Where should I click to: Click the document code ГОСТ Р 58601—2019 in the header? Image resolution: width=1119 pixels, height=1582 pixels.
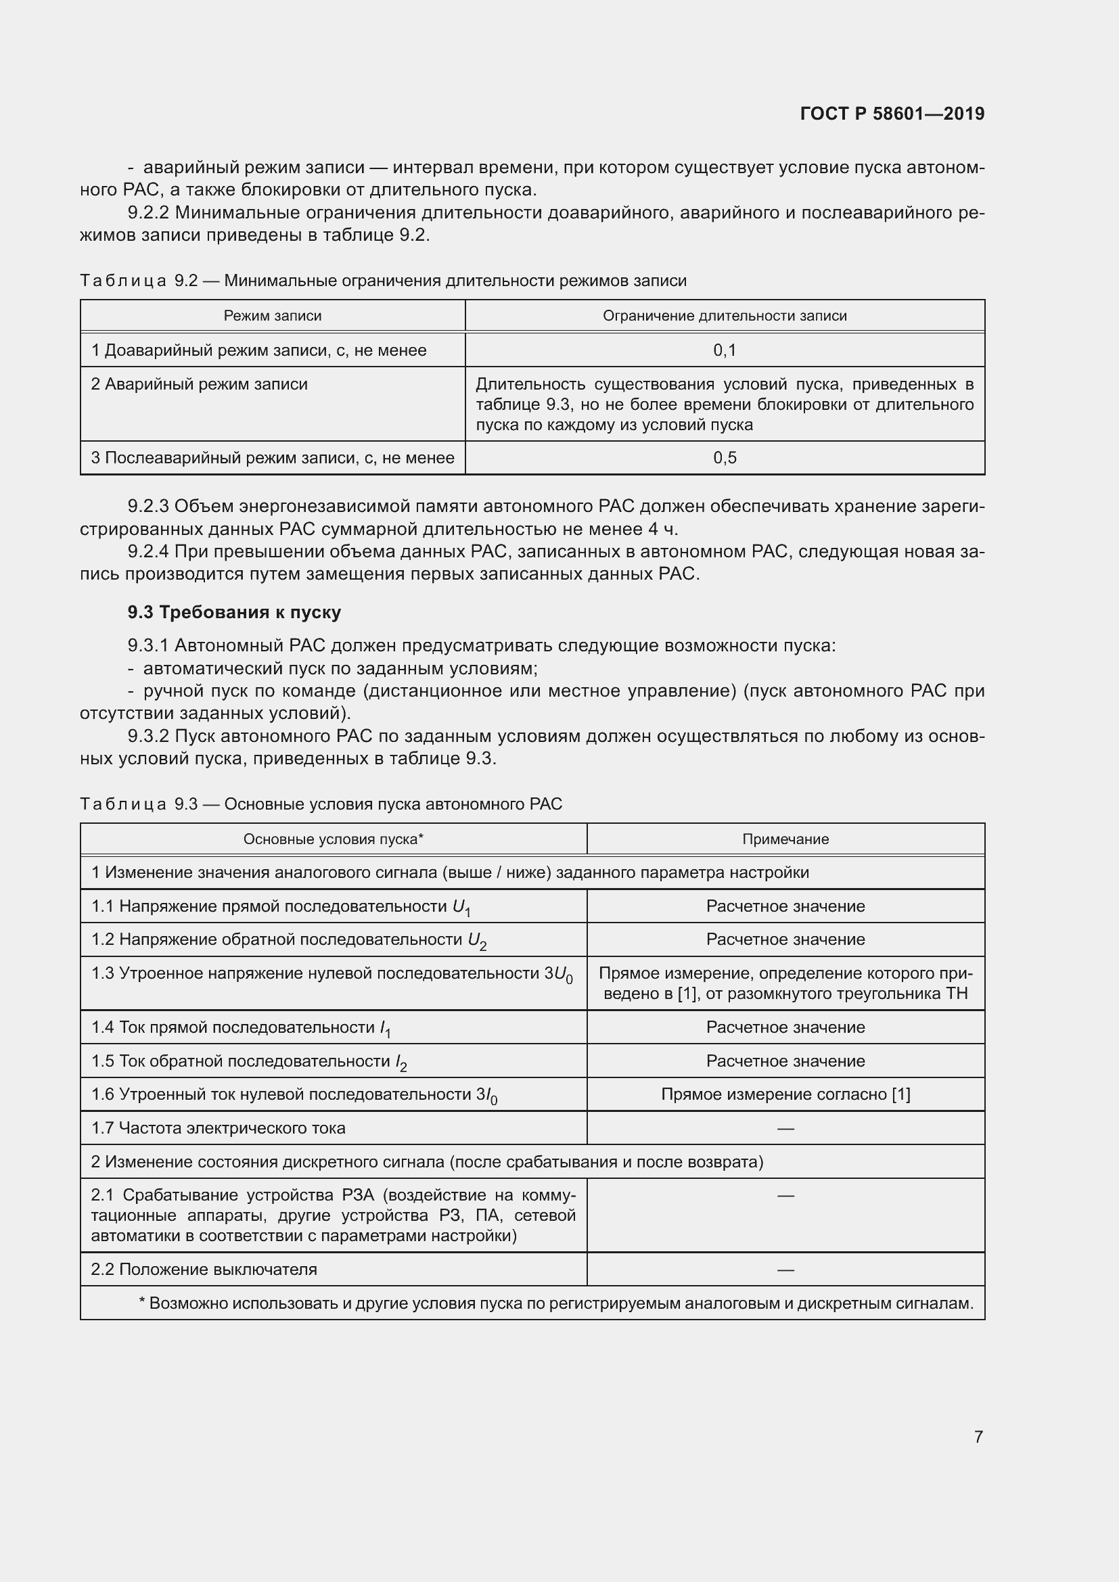(892, 114)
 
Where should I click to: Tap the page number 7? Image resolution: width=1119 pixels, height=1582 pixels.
(978, 1437)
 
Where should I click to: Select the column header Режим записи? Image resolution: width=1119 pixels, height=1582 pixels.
(272, 316)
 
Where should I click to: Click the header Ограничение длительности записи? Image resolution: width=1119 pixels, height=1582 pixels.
(724, 316)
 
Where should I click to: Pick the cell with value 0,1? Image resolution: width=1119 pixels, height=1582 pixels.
(724, 350)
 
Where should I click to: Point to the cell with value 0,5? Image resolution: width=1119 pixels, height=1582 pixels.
(724, 457)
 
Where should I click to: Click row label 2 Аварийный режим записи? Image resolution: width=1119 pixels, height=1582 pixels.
(199, 383)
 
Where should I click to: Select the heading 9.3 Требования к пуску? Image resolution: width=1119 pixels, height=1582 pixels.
(234, 612)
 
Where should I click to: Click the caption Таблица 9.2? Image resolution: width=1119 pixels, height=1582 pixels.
(139, 281)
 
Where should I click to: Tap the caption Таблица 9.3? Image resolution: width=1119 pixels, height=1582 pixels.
(139, 804)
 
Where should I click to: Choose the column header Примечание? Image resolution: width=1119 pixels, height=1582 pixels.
(785, 839)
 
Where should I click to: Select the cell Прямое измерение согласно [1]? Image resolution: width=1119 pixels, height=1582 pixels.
(785, 1094)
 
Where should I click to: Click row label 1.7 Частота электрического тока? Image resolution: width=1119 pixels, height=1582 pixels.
(219, 1128)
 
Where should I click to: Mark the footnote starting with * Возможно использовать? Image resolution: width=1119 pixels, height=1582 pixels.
(555, 1303)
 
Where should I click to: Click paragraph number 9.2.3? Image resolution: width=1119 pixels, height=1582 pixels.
(148, 507)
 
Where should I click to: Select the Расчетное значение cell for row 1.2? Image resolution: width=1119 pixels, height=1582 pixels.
(785, 940)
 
